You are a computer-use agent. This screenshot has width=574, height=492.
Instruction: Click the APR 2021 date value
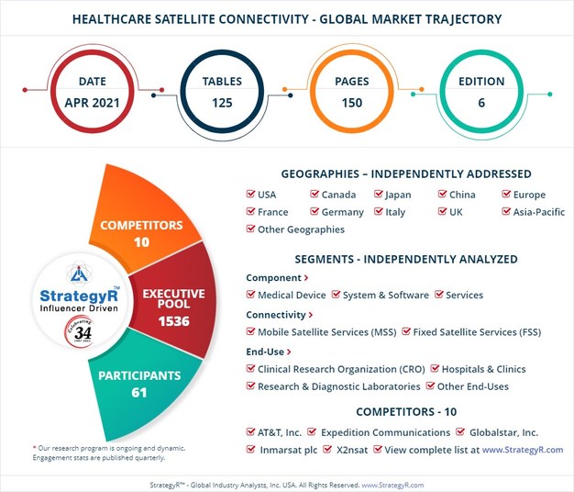[90, 103]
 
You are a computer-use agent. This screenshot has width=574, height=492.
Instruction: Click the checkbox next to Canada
[315, 195]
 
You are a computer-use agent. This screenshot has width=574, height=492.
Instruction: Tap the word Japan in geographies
[398, 195]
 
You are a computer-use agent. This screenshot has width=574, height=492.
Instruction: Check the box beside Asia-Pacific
[507, 212]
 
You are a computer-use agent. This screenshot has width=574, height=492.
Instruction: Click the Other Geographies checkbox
[250, 229]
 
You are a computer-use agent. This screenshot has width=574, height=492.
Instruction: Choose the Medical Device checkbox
[250, 296]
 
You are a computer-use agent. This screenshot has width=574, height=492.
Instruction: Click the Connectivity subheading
[275, 314]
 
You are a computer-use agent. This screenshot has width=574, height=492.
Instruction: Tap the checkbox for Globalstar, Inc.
[461, 432]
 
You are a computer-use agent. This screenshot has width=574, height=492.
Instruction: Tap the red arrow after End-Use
[290, 351]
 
